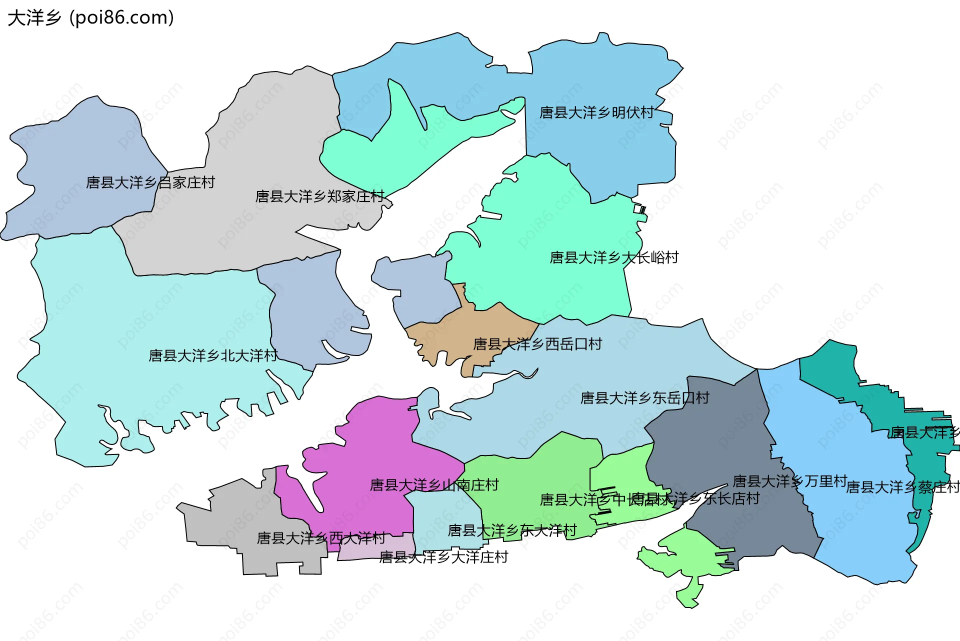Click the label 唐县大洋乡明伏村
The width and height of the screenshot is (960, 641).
coord(596,112)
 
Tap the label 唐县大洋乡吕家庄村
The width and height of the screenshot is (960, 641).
coord(150,182)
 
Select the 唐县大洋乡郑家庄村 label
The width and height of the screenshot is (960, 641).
coord(319,196)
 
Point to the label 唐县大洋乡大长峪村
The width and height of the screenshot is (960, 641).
coord(614,257)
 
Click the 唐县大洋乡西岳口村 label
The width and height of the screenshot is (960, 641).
coord(537,344)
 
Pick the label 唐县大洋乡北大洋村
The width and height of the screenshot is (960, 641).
coord(213,355)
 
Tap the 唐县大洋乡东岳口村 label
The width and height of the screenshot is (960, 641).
coord(644,398)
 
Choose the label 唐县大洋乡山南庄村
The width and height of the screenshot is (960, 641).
coord(434,485)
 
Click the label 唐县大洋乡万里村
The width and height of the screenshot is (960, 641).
coord(789,481)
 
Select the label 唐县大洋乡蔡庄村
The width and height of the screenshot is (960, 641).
coord(902,487)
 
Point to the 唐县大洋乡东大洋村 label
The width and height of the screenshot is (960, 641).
coord(512,530)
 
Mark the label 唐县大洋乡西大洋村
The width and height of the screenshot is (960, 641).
coord(321,538)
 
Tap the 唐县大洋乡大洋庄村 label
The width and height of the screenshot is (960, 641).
coord(443,557)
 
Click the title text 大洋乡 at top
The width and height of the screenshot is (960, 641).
coord(34,18)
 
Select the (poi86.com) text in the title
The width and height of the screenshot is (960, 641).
coord(122,18)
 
